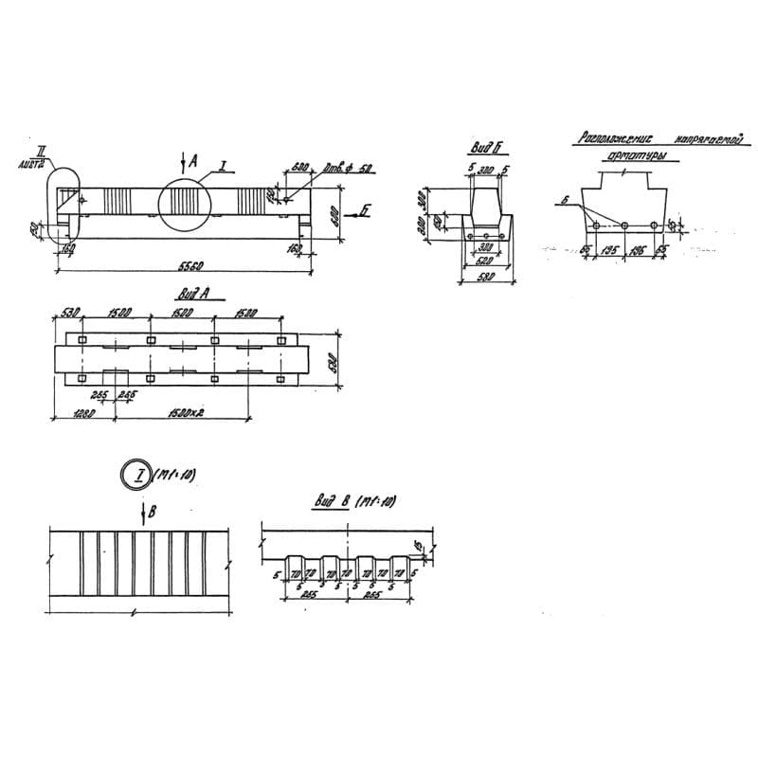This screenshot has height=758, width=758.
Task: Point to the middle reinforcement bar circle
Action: coord(625,226)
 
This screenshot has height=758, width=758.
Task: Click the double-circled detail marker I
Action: coord(138,474)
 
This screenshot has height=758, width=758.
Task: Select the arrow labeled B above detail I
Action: coord(143,513)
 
